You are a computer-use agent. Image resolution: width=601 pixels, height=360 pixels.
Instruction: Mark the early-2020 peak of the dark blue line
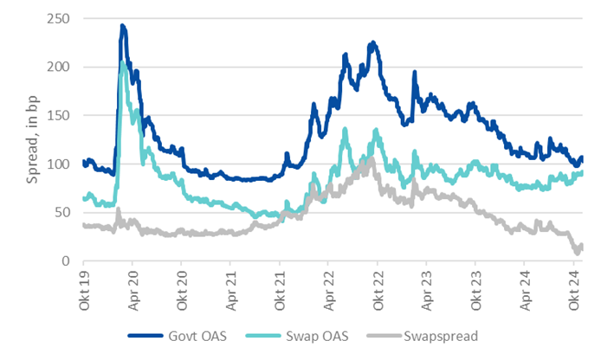click(123, 27)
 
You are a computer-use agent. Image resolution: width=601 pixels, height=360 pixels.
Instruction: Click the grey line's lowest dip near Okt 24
click(576, 252)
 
